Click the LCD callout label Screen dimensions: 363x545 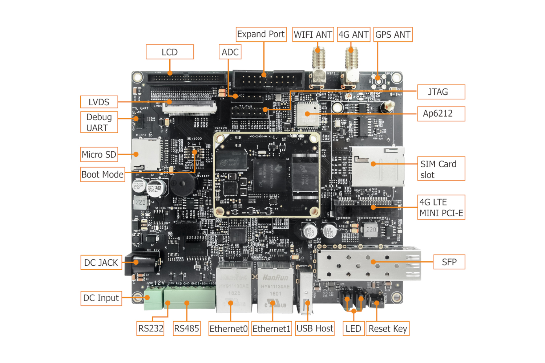170,52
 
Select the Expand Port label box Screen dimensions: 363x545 261,34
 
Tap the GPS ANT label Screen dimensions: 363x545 393,35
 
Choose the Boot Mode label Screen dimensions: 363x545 102,175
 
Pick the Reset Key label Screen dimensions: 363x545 387,329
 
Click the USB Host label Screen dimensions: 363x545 315,329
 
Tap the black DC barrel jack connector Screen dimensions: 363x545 142,262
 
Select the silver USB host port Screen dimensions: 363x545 306,292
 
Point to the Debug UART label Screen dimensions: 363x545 99,122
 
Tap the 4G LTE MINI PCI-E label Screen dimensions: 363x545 441,207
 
